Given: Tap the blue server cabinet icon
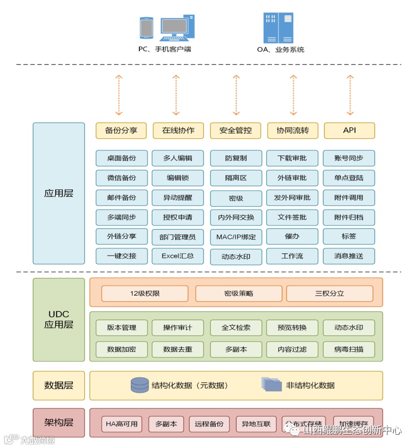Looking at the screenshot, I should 278,28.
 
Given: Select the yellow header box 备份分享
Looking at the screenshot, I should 121,130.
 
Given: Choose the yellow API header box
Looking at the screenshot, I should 349,130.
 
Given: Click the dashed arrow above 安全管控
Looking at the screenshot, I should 236,95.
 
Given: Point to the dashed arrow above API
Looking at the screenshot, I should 349,95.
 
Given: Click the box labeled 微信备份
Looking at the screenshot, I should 121,178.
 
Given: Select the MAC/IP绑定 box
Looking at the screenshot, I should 236,237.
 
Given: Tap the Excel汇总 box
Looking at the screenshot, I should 178,256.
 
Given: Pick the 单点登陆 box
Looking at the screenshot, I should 349,178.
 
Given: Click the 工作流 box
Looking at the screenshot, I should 292,256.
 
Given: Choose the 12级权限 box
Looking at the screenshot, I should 145,294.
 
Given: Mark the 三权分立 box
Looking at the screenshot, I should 330,294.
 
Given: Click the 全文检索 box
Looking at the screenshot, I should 236,328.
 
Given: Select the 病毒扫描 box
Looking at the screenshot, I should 349,349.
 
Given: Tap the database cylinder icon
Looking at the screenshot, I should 139,385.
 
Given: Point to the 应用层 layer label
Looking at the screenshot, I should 59,193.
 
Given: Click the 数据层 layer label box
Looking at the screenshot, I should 59,386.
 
